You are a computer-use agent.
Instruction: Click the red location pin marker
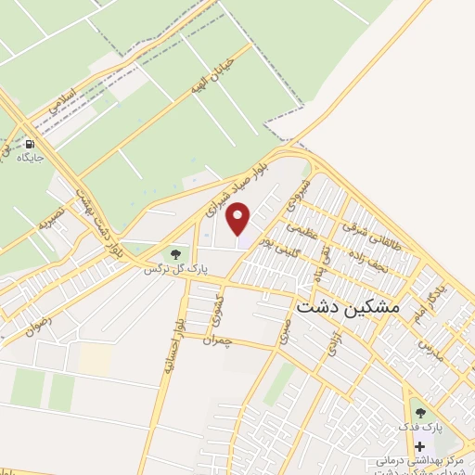(x=238, y=219)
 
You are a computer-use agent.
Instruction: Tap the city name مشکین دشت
(x=347, y=305)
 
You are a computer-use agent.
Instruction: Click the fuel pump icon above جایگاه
(x=32, y=145)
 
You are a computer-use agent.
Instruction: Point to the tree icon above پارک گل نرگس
(x=173, y=253)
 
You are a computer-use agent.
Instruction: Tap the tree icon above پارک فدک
(x=420, y=413)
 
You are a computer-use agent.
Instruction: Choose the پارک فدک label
(x=422, y=427)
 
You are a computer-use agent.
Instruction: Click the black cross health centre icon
(x=419, y=447)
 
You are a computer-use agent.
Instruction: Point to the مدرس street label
(x=432, y=349)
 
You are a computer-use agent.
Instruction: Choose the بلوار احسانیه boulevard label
(x=167, y=348)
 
